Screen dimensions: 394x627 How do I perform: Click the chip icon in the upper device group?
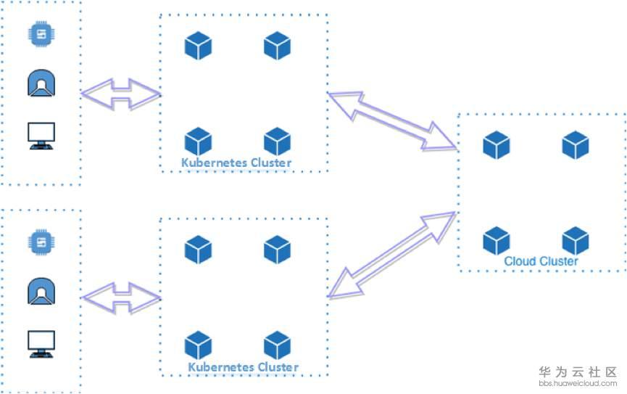pos(41,34)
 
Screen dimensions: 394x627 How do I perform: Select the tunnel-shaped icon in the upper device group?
pos(41,84)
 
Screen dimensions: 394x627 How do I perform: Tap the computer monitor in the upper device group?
pos(41,136)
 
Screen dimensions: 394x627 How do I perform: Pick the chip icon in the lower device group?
pos(41,242)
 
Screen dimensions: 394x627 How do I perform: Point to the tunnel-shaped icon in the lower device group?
pos(41,292)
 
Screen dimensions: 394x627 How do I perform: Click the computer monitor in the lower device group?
pos(41,343)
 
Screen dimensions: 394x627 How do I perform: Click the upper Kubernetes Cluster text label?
pos(236,163)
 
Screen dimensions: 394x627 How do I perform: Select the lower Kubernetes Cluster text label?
pos(244,367)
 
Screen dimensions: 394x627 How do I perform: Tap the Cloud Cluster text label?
pos(541,261)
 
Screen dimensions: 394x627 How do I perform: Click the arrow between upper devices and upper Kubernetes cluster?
pos(120,94)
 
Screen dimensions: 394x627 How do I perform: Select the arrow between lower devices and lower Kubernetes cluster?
pos(120,298)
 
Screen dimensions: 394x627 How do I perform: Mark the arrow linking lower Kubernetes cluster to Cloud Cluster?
pos(392,255)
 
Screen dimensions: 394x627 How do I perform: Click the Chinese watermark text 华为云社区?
pos(578,371)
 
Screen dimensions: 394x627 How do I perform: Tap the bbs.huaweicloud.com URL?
pos(578,382)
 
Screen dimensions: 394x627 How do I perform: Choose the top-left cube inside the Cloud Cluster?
pos(497,145)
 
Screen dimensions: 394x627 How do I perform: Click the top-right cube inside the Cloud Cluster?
pos(576,145)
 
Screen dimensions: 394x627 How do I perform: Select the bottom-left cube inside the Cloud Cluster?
pos(497,241)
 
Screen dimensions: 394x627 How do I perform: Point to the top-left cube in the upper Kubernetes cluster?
pos(198,46)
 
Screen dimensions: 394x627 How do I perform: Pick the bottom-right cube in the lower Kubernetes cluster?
pos(277,345)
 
